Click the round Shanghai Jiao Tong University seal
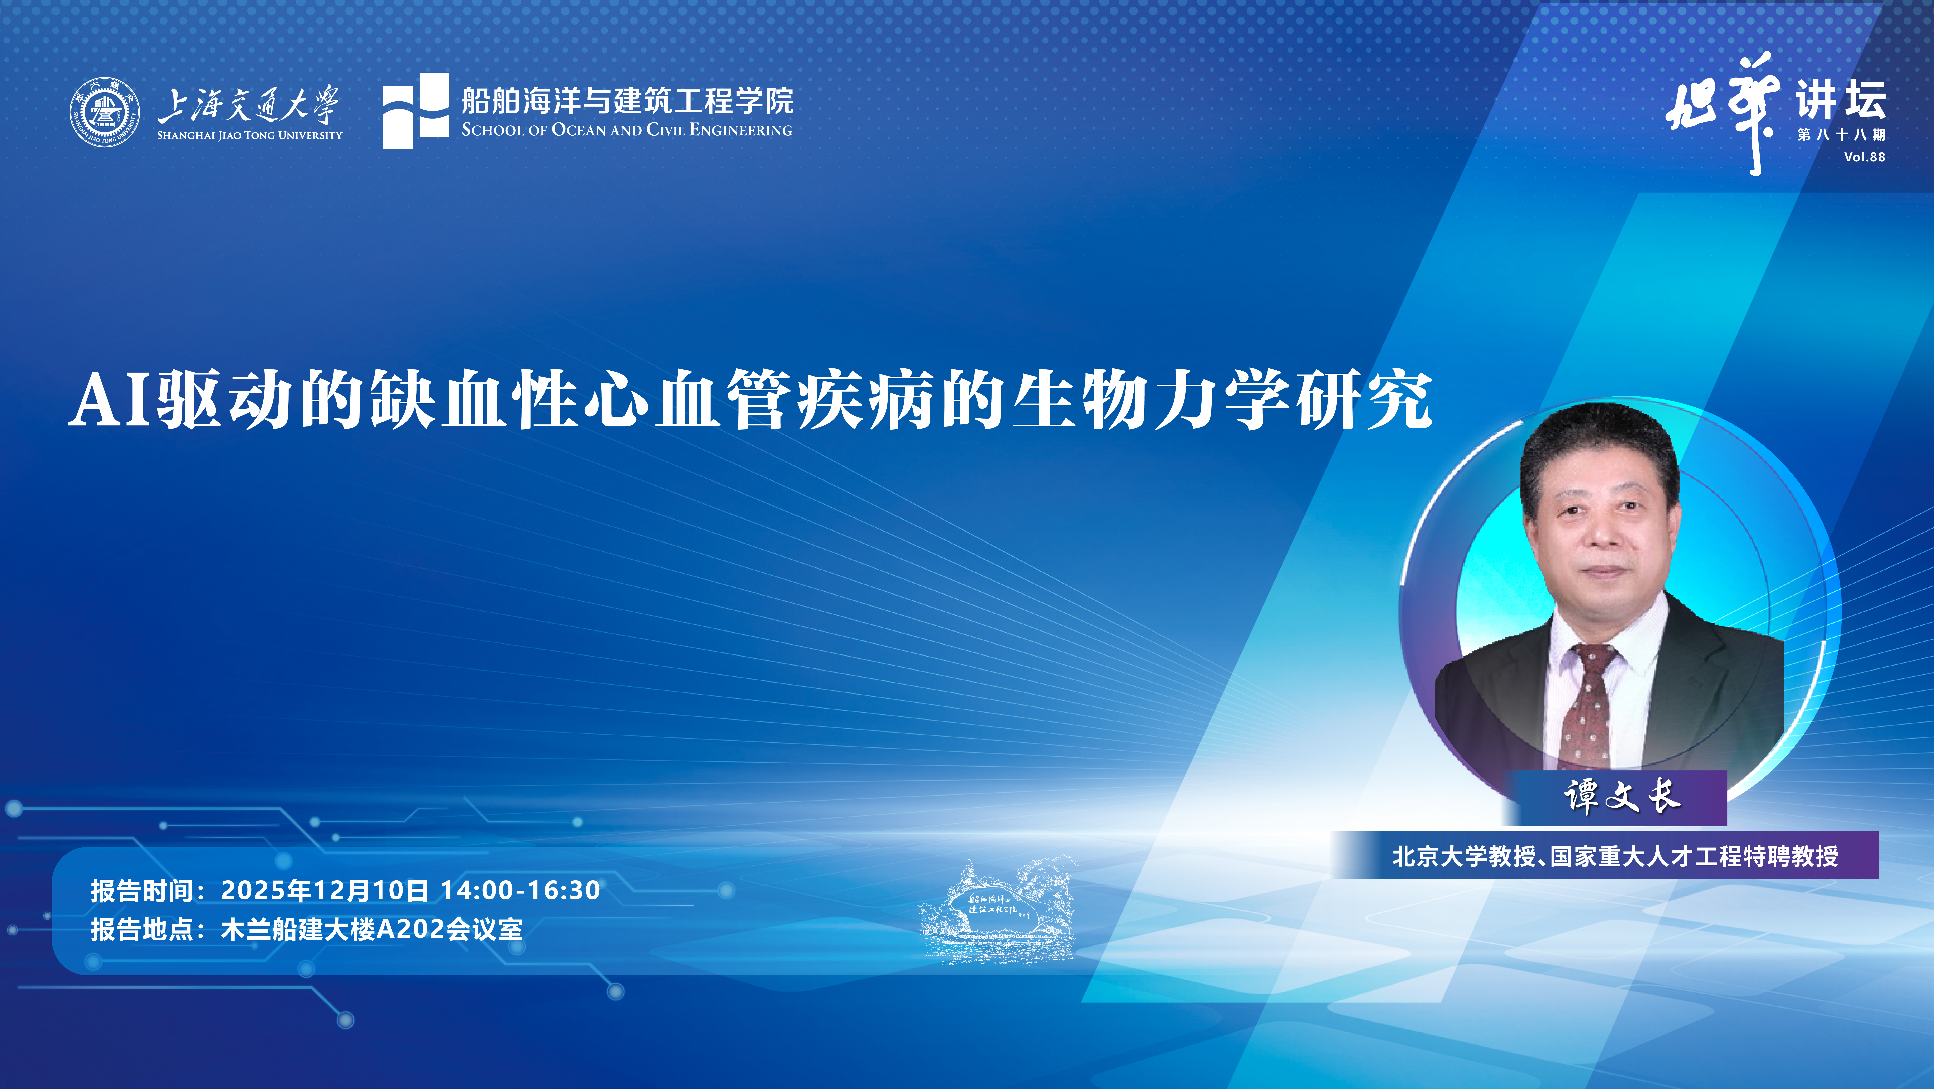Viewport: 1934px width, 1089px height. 104,113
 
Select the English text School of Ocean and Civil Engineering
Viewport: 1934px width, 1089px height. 627,130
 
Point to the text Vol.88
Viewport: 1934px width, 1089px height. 1864,157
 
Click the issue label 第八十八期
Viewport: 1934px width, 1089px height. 1841,135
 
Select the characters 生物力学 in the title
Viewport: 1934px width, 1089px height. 1152,399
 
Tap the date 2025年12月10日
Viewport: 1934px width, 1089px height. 324,891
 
